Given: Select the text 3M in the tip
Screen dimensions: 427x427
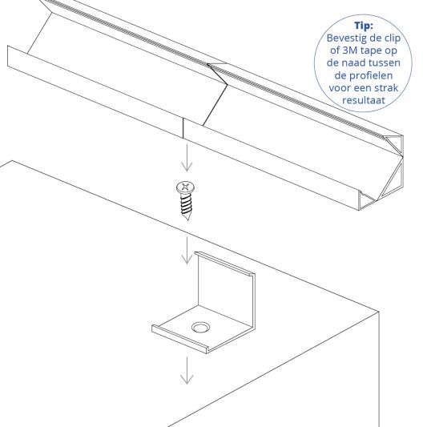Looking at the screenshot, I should pyautogui.click(x=348, y=51).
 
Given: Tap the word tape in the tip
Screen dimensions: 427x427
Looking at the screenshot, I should pyautogui.click(x=373, y=51).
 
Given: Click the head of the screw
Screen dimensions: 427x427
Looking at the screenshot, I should pyautogui.click(x=185, y=188).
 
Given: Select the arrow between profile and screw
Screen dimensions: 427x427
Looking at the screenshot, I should pyautogui.click(x=185, y=161).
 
